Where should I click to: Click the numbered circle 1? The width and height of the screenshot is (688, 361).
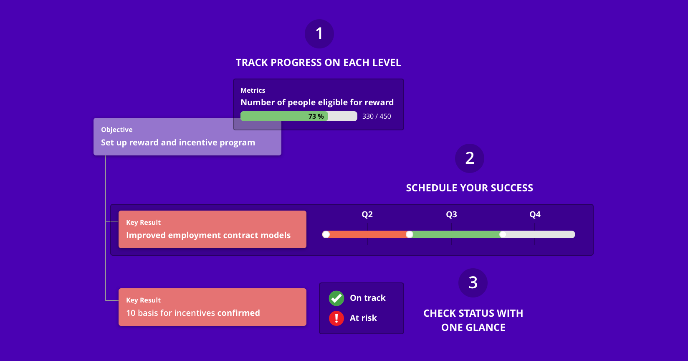coord(319,34)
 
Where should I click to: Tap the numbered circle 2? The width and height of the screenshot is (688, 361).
coord(470,158)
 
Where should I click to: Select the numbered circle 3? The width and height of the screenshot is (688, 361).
coord(473,283)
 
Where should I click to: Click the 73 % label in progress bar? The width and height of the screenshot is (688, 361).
coord(316,117)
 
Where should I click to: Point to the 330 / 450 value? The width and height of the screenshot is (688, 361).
coord(377,117)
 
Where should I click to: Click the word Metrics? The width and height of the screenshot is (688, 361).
coord(253,91)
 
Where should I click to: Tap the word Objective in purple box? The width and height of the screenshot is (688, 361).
coord(117,130)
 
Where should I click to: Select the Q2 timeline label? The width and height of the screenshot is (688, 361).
coord(367,215)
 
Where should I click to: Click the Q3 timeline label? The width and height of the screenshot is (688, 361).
coord(451,215)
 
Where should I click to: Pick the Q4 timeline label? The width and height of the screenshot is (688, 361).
coord(535,215)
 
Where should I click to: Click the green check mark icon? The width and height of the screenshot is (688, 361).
coord(336,298)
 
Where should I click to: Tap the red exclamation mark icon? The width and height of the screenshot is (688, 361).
coord(336,318)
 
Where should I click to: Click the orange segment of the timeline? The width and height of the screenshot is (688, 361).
coord(367,235)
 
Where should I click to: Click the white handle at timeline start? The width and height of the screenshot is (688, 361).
coord(326,235)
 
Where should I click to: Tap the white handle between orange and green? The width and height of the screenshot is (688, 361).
coord(410,235)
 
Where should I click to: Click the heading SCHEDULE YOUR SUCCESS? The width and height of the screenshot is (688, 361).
coord(469,188)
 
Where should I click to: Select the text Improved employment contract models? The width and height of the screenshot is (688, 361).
coord(208,236)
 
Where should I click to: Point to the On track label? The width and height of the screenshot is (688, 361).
coord(368,298)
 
